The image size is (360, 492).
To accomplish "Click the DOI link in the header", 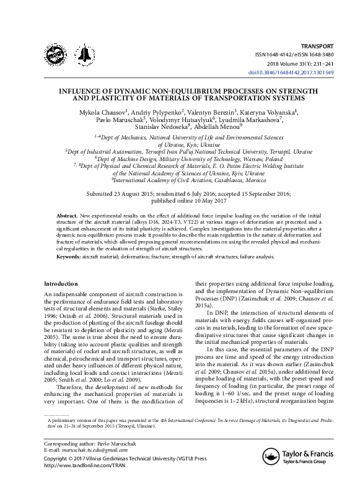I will [x=299, y=72].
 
